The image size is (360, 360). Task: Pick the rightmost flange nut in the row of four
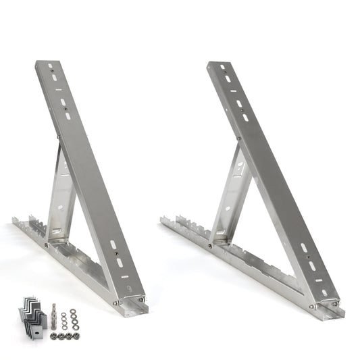(x=75, y=334)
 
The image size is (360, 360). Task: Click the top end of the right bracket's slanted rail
(x=215, y=66)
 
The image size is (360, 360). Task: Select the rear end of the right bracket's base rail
(x=165, y=220)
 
